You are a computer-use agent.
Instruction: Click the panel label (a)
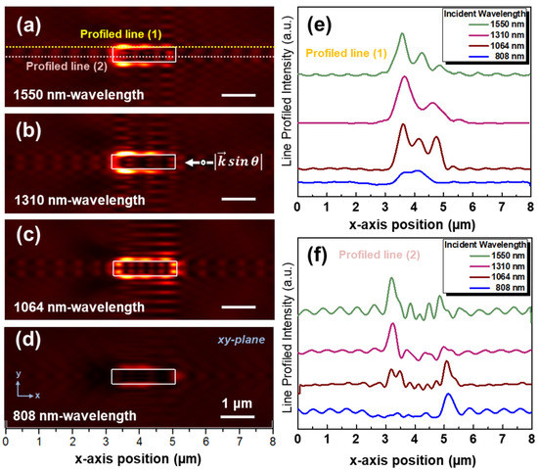click(x=23, y=20)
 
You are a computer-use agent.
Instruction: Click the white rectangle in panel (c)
click(x=144, y=268)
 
